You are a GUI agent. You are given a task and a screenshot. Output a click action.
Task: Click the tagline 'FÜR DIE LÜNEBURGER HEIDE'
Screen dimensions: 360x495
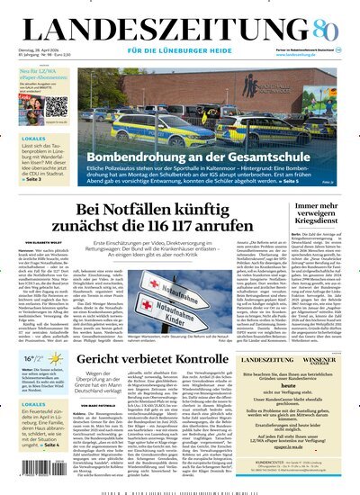pos(180,49)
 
